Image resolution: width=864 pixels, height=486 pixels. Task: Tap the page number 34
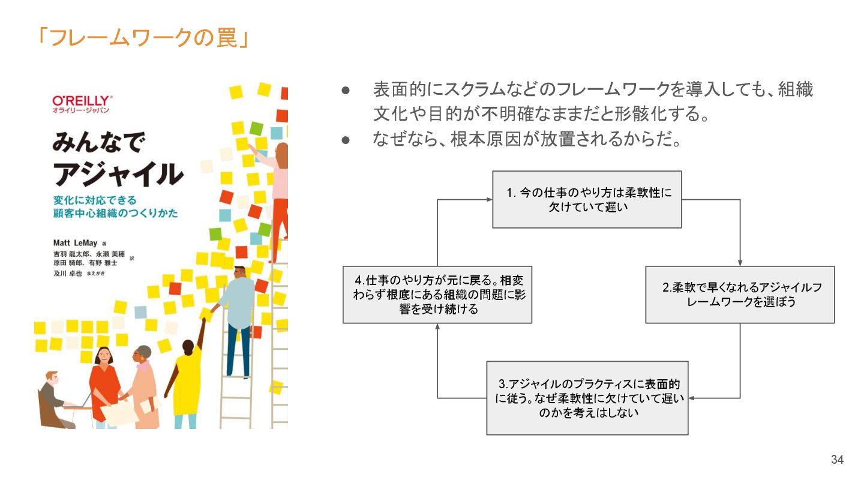837,460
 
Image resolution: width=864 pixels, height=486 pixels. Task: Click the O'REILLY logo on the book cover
82,101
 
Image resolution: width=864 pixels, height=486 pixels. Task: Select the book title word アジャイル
118,174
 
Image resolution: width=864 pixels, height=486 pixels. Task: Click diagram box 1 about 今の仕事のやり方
587,200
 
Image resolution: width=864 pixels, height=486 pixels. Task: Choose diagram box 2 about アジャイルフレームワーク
740,295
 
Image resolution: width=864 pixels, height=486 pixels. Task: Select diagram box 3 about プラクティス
587,398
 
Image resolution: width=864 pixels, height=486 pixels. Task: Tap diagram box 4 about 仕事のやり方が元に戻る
437,295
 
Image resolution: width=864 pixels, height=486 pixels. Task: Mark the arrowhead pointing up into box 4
437,327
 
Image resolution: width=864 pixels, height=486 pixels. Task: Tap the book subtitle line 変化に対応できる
94,200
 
